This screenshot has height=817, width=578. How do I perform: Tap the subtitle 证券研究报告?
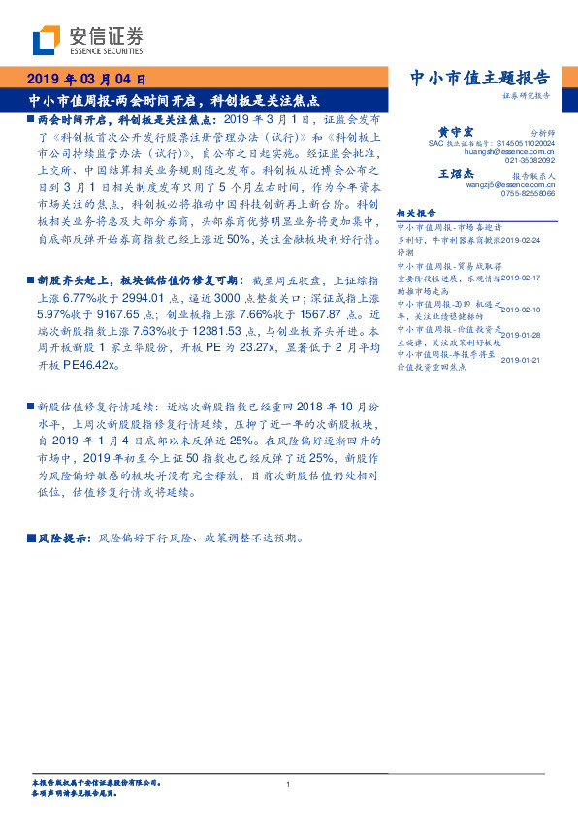528,97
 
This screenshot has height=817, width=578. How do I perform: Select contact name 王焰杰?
455,173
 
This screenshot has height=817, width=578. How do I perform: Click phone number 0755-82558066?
529,194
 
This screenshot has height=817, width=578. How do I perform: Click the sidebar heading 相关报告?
417,212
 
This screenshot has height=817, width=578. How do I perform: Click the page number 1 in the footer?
289,784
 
